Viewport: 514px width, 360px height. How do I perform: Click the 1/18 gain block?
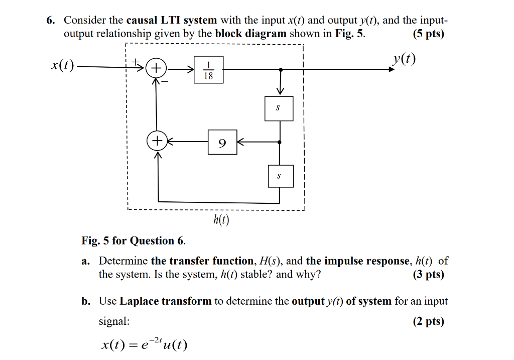[208, 70]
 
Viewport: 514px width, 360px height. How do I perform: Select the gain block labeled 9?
[222, 142]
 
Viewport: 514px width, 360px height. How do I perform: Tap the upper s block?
[279, 108]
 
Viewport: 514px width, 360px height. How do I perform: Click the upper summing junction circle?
[157, 69]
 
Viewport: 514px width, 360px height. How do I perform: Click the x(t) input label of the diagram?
[62, 65]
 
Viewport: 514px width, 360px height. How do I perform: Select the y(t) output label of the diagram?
[406, 59]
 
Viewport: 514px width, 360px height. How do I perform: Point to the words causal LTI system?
[171, 21]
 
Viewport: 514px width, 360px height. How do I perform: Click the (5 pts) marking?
[428, 34]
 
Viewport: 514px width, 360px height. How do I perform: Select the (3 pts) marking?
[428, 275]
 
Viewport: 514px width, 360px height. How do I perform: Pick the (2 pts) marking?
[428, 321]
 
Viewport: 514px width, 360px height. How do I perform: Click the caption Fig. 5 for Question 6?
[134, 241]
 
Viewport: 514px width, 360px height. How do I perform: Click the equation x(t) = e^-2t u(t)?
[144, 345]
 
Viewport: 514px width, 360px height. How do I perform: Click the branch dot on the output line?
[280, 69]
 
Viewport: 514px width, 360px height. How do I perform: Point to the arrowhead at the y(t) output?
[392, 69]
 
